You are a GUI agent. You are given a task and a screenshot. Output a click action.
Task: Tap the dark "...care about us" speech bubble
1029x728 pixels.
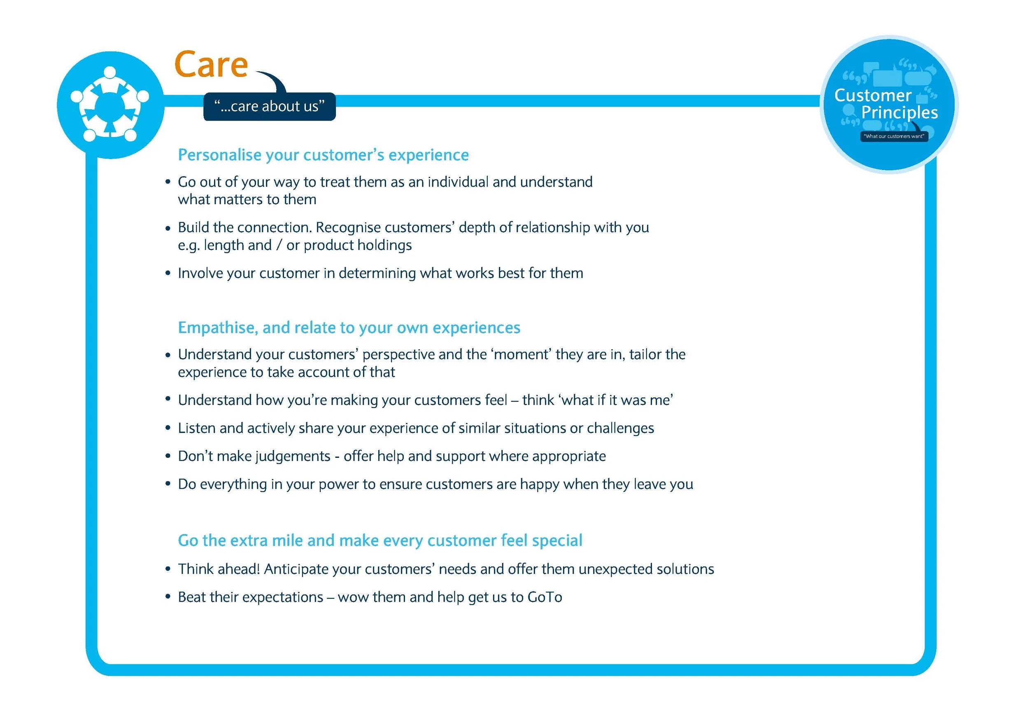(x=269, y=106)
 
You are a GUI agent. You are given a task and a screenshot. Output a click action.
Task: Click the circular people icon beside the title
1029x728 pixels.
(x=110, y=105)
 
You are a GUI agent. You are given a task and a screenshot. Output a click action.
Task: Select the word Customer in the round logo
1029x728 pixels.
(x=873, y=95)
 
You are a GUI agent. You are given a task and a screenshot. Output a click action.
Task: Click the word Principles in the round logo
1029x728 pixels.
(x=899, y=112)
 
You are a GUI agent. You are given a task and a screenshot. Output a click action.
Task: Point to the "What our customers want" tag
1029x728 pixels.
(x=894, y=136)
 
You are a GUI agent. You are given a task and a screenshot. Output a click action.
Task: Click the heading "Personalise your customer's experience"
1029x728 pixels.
(x=323, y=155)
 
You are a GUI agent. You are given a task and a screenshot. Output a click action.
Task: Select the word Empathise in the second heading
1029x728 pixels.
(x=218, y=328)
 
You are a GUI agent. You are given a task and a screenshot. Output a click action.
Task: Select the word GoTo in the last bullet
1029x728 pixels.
(x=545, y=597)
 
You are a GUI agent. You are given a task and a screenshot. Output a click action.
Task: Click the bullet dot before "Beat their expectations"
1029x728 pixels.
(x=168, y=597)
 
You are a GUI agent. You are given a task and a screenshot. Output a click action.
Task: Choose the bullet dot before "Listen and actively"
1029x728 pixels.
(x=168, y=428)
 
